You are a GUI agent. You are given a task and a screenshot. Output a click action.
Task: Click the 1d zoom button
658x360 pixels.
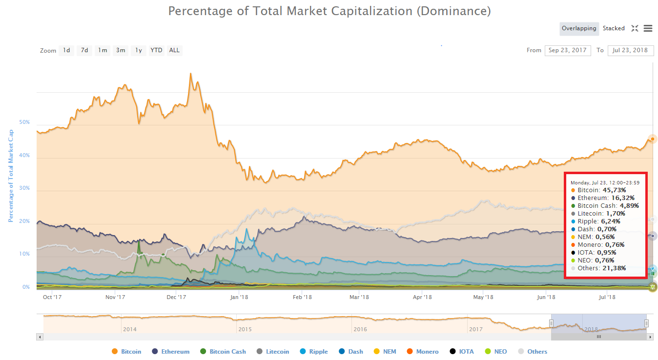(x=66, y=50)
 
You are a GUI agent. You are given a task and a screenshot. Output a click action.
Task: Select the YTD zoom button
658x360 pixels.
(x=156, y=50)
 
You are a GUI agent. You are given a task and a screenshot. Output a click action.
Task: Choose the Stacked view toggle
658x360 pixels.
(x=614, y=28)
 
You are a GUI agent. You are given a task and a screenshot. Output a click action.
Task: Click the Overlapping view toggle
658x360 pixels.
(x=579, y=28)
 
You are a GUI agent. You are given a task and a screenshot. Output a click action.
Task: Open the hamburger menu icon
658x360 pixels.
(x=648, y=28)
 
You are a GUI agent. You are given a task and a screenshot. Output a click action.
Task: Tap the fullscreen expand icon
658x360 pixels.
(x=635, y=28)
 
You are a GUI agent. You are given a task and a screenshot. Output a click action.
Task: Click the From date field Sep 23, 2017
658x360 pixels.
(x=567, y=50)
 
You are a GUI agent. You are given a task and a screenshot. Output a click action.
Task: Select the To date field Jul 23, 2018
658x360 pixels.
(x=630, y=50)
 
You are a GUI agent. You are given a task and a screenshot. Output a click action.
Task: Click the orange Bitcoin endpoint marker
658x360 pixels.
(x=652, y=139)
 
